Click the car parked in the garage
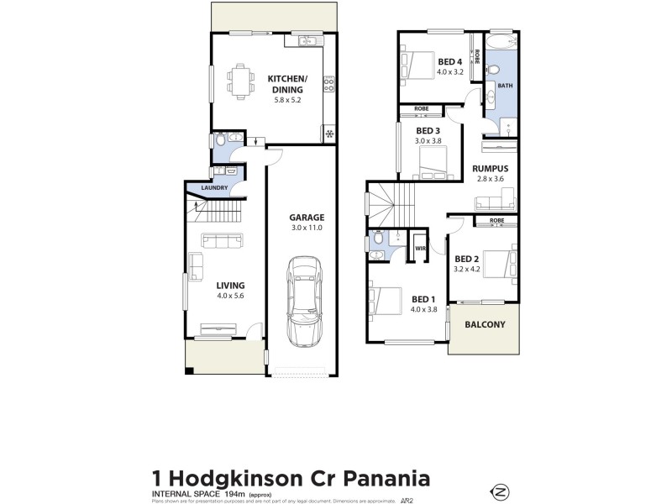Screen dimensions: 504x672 [x=303, y=301]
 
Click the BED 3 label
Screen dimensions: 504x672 [x=428, y=130]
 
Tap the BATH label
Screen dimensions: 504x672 [x=505, y=86]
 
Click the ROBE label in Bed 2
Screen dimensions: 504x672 [x=496, y=221]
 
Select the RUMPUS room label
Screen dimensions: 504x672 [x=491, y=167]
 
